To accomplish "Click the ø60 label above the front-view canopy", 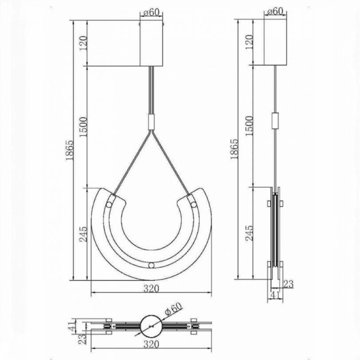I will point(152,11).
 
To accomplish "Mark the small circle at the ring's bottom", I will point(152,265).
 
